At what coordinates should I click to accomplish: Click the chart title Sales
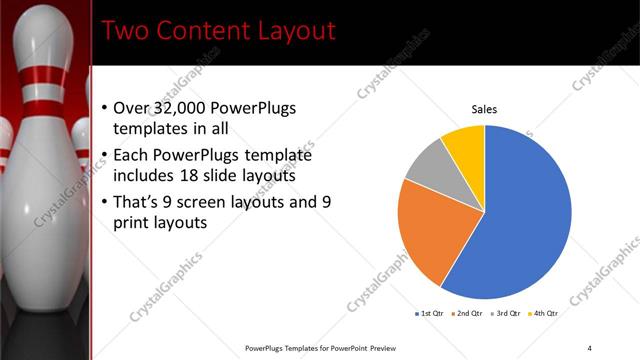tap(484, 110)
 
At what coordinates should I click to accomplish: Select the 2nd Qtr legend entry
tap(468, 313)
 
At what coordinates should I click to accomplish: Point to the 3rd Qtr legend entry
tap(506, 313)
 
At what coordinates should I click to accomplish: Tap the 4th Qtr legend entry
tap(544, 313)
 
